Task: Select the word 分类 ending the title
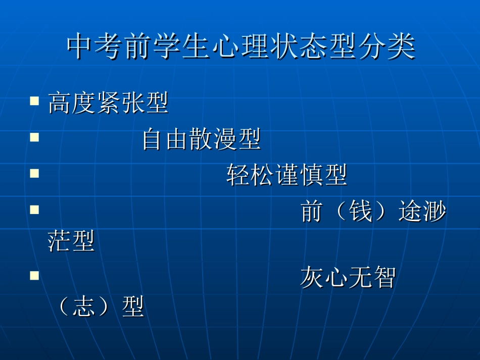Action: point(392,47)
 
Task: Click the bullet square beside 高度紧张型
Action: point(34,101)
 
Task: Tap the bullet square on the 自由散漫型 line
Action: point(34,137)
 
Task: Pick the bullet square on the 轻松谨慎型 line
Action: point(34,173)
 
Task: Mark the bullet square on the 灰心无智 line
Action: point(34,275)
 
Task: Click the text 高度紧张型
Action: point(108,104)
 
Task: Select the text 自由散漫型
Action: point(201,139)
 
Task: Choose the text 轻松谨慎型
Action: point(286,175)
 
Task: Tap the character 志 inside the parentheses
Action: point(83,307)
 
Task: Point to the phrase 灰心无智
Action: point(348,277)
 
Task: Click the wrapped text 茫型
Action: point(71,241)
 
